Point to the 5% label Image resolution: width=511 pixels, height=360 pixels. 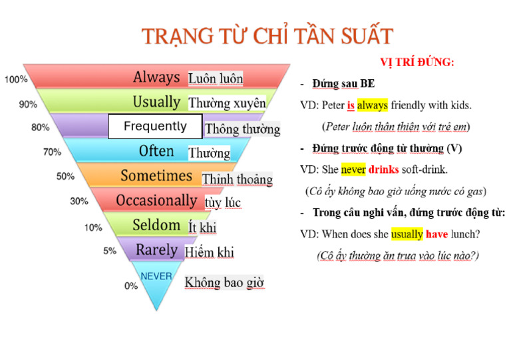pyautogui.click(x=110, y=252)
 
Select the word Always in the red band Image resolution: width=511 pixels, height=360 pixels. pyautogui.click(x=156, y=77)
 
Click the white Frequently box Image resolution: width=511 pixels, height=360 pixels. pyautogui.click(x=155, y=126)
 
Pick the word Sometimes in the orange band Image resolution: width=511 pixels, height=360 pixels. pyautogui.click(x=156, y=176)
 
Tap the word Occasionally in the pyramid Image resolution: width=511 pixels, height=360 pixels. pyautogui.click(x=156, y=200)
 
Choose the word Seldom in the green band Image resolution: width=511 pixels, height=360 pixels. pyautogui.click(x=156, y=225)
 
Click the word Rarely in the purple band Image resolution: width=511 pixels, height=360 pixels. pyautogui.click(x=156, y=250)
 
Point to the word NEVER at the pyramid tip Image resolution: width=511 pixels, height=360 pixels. pyautogui.click(x=156, y=275)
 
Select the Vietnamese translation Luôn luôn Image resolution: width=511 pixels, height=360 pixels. pyautogui.click(x=216, y=79)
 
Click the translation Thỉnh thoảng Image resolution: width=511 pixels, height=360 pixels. pyautogui.click(x=237, y=179)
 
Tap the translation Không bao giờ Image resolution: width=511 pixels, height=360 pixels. pyautogui.click(x=224, y=283)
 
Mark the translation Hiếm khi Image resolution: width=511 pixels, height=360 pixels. pyautogui.click(x=209, y=253)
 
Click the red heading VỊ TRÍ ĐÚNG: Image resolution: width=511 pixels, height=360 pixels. pyautogui.click(x=417, y=63)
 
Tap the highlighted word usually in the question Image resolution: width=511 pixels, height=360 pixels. pyautogui.click(x=406, y=234)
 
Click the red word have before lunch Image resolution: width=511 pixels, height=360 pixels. pyautogui.click(x=436, y=234)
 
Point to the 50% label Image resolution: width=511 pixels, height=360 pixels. pyautogui.click(x=65, y=176)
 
